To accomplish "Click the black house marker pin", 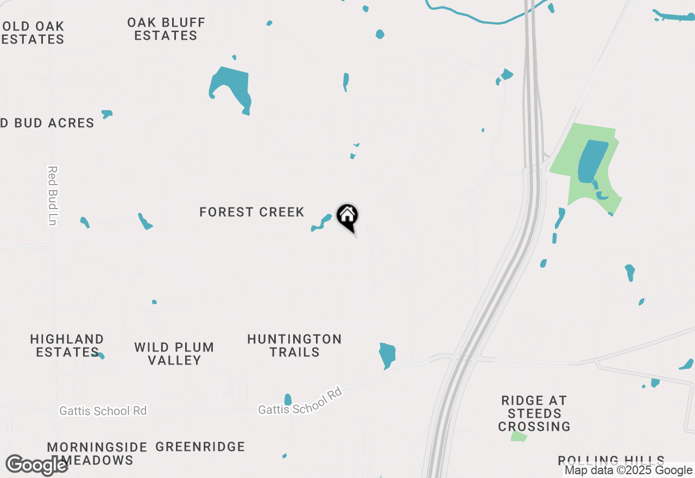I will click(347, 217).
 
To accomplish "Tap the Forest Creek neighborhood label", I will click(251, 212).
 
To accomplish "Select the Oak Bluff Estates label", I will click(166, 29).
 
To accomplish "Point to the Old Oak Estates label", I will click(33, 33).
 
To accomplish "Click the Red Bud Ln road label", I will click(52, 196).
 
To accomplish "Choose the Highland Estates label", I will click(67, 345).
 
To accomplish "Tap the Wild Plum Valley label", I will click(174, 354).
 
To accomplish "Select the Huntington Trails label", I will click(294, 345).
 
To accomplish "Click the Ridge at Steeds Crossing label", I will click(534, 413).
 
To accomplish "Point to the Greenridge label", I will click(200, 446).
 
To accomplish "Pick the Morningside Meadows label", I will click(97, 454).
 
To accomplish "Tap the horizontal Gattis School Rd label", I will click(103, 411).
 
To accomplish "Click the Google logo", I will click(36, 465).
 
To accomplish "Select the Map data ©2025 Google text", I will click(628, 470).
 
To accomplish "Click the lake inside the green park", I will click(592, 161).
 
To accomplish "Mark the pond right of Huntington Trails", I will click(387, 354).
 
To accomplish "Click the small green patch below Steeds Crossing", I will click(519, 437).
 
